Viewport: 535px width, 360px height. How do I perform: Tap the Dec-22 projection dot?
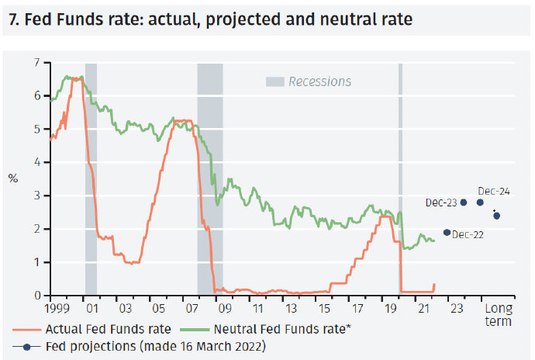[447, 232]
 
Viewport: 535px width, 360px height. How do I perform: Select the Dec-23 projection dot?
[464, 202]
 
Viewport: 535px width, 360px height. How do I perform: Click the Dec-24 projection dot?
[480, 202]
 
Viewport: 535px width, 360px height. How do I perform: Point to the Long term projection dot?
[497, 216]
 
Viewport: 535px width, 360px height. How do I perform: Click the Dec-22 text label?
[468, 234]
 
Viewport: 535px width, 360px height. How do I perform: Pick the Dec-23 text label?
[441, 202]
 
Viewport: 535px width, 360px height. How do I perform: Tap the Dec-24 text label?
[494, 191]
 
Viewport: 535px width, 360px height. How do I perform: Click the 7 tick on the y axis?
[36, 62]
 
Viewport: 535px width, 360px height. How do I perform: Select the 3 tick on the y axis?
[36, 196]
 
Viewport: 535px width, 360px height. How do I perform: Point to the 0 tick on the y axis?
[36, 296]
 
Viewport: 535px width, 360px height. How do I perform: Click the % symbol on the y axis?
[12, 178]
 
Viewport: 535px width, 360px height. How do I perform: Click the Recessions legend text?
[319, 81]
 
